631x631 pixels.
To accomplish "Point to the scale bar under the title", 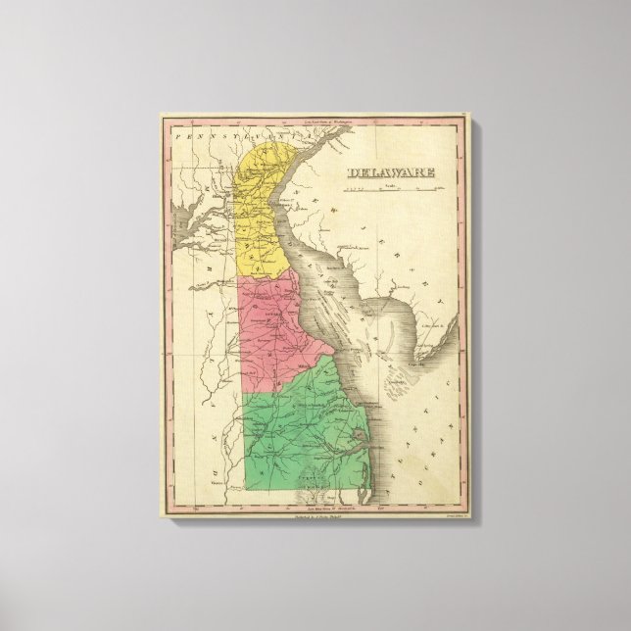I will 389,192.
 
